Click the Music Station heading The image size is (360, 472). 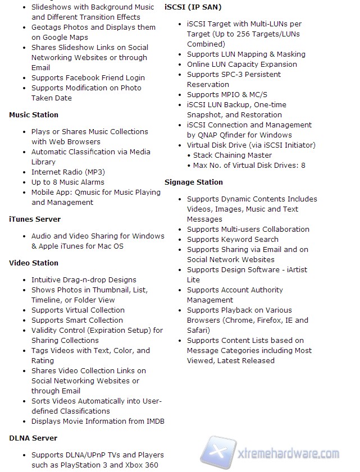(34, 115)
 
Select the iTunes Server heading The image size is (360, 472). (35, 219)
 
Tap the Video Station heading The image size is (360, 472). (34, 263)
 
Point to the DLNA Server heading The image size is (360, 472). (33, 438)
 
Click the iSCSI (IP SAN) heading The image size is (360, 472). (193, 7)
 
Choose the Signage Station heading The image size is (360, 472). (194, 182)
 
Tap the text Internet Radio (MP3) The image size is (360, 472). (68, 172)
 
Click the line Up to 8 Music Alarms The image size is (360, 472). (68, 182)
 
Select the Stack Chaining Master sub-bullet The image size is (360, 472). (233, 155)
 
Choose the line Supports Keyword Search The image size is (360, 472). (233, 240)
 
